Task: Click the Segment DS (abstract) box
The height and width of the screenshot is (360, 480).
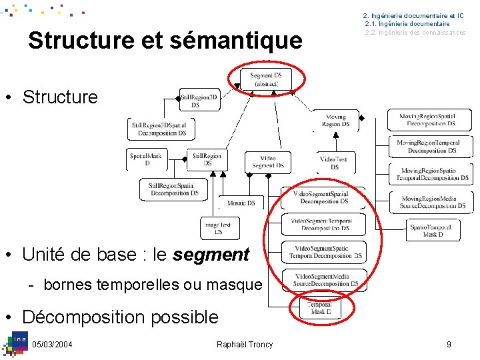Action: tap(266, 79)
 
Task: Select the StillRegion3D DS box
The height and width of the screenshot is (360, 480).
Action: tap(199, 101)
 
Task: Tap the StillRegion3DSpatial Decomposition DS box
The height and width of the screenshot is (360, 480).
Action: tap(159, 129)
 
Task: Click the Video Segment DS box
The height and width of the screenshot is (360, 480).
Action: tap(267, 161)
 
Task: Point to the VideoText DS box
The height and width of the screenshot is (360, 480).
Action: tap(334, 163)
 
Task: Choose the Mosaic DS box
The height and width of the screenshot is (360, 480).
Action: tap(241, 203)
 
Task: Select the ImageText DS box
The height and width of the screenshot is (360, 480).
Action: tap(219, 228)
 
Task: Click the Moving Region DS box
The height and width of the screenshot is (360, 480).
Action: tap(335, 120)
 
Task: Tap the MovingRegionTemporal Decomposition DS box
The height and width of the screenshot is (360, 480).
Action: tap(428, 147)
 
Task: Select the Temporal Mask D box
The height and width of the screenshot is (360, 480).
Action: tap(321, 308)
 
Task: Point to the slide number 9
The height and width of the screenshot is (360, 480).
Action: tap(449, 344)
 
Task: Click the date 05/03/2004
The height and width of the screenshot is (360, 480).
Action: tap(52, 344)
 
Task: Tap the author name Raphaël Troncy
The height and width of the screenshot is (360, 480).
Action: tap(245, 344)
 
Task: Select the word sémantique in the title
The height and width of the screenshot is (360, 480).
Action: tap(235, 40)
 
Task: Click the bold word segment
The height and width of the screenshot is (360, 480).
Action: tap(211, 254)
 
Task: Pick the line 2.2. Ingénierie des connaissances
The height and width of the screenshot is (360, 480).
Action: tap(415, 33)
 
